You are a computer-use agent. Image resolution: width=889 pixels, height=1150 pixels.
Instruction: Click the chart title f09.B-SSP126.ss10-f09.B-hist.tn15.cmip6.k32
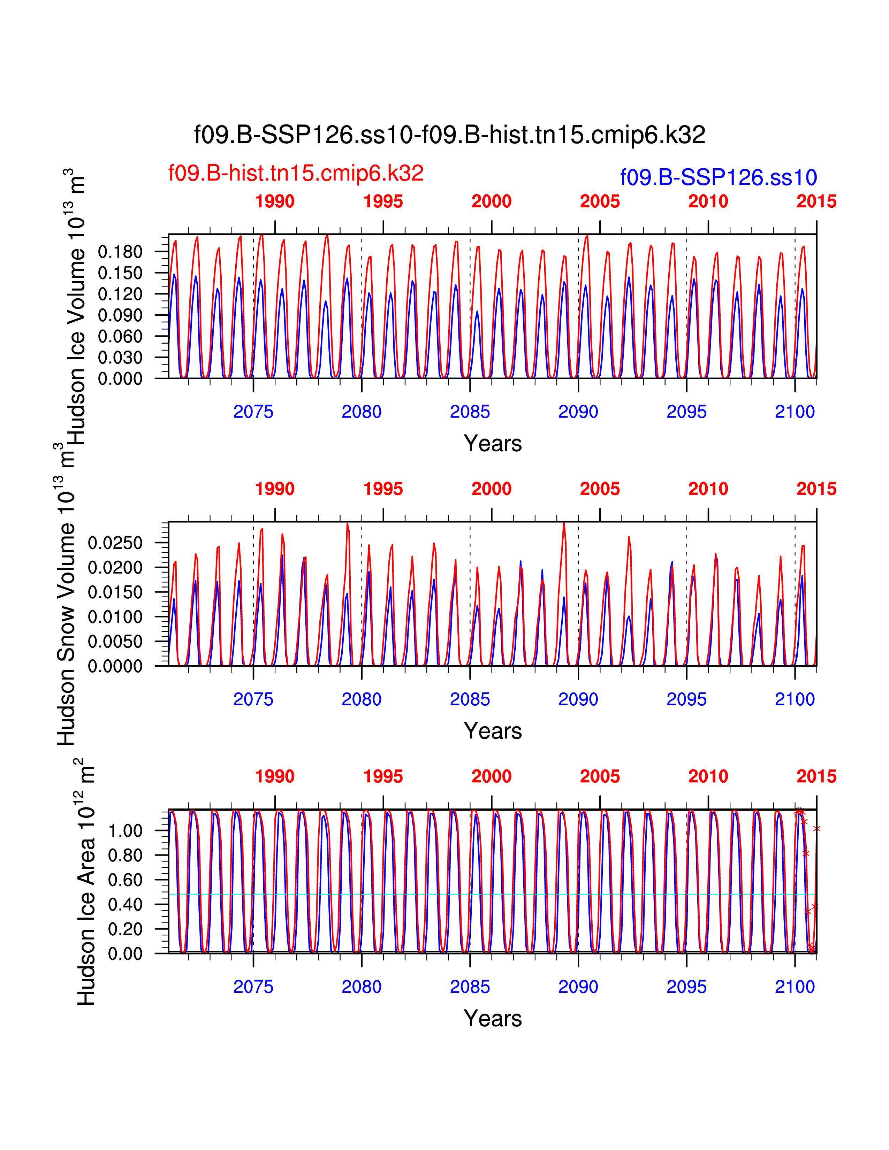(x=449, y=135)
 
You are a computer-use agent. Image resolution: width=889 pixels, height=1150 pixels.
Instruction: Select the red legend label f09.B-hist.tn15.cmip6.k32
(x=295, y=173)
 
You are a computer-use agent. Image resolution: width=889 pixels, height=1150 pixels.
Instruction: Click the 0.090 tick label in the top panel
(x=120, y=315)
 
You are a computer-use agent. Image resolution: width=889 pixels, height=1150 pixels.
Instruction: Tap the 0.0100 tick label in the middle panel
(x=115, y=616)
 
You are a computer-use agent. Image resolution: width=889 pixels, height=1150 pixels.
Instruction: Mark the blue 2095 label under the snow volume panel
(x=686, y=699)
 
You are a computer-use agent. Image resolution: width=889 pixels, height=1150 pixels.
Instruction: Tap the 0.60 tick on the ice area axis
(x=125, y=880)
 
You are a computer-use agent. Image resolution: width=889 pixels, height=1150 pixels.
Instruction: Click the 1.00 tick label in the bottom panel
(x=125, y=831)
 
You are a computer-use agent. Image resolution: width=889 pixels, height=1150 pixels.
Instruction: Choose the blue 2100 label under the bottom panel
(x=794, y=987)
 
